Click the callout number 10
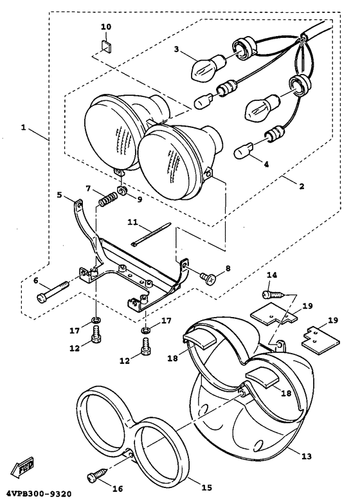[106, 27]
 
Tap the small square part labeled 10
[106, 44]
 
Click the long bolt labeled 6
[53, 291]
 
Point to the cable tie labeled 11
[151, 234]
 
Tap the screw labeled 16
[98, 476]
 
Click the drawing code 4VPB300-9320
[35, 494]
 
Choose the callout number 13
[306, 457]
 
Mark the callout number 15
[206, 487]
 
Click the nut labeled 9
[122, 191]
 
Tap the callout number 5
[60, 194]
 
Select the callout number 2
[301, 186]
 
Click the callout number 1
[23, 127]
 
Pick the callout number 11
[133, 221]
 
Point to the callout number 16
[118, 488]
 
